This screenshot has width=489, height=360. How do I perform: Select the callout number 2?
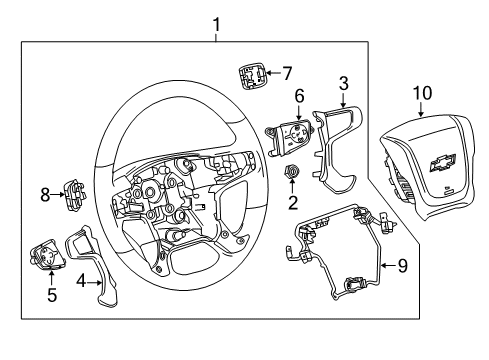[x=293, y=205]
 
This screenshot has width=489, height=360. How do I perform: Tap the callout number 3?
[x=343, y=83]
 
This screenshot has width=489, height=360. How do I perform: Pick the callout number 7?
[x=286, y=73]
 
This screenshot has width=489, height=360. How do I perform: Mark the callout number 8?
[x=46, y=196]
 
